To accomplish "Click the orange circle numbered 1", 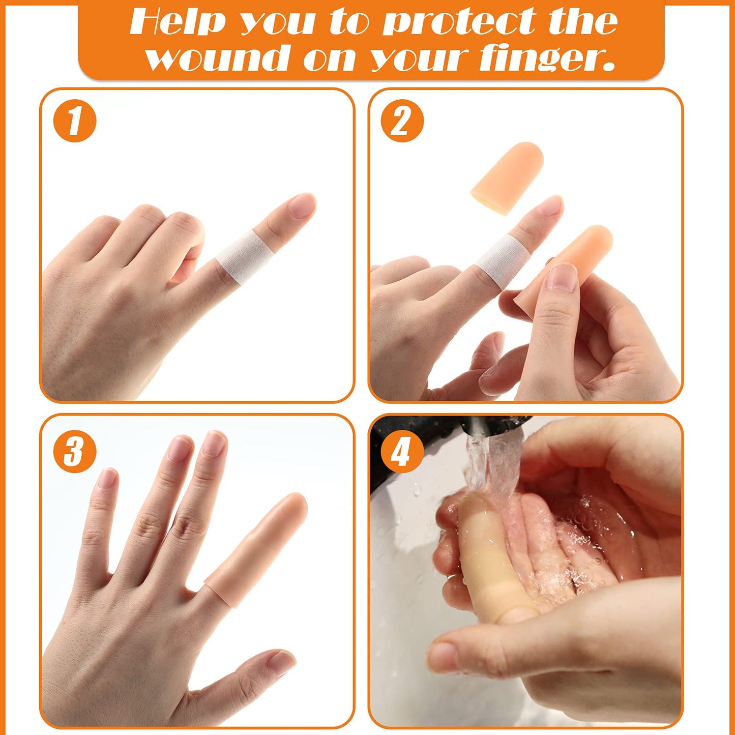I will pyautogui.click(x=75, y=121).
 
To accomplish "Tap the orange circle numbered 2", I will pyautogui.click(x=402, y=121).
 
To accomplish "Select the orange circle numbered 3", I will pyautogui.click(x=75, y=451).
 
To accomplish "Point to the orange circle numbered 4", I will pyautogui.click(x=402, y=451).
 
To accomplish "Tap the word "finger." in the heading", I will pyautogui.click(x=547, y=58).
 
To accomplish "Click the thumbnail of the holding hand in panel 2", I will pyautogui.click(x=562, y=276).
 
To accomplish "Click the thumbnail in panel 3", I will pyautogui.click(x=281, y=663).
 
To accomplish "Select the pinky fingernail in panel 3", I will pyautogui.click(x=107, y=478).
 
